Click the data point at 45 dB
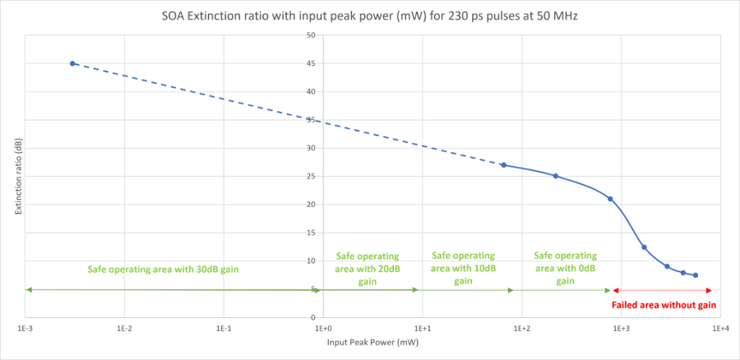(x=72, y=63)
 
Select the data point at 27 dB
(x=503, y=165)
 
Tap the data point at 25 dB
(x=556, y=176)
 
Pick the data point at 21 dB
(x=610, y=199)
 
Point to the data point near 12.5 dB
(x=644, y=247)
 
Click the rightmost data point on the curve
(x=696, y=275)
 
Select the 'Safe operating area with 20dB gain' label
(x=368, y=269)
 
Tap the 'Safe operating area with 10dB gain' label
(x=463, y=268)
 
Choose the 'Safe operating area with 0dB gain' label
(x=565, y=268)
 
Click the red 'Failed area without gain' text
(x=664, y=305)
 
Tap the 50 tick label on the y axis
(x=311, y=35)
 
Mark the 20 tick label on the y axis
(x=311, y=205)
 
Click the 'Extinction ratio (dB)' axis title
(x=17, y=176)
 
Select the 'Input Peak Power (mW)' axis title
(x=372, y=343)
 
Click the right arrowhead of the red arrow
(x=709, y=290)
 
